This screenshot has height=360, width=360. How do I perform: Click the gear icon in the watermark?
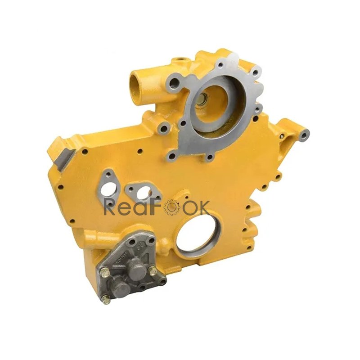point(171,207)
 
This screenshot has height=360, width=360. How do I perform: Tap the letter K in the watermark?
point(203,207)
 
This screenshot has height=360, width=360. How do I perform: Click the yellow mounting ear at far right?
point(305,133)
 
